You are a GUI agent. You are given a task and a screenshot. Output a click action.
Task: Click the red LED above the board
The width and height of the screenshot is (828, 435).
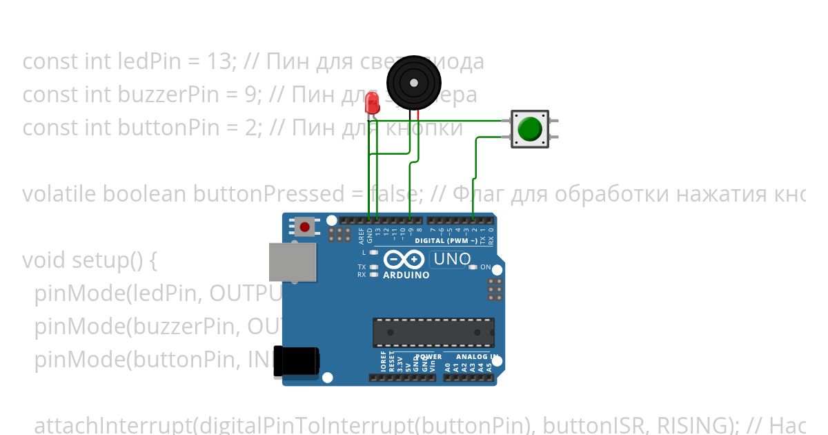[373, 104]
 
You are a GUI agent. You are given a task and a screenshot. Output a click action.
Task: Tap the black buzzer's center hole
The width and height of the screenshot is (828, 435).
[413, 84]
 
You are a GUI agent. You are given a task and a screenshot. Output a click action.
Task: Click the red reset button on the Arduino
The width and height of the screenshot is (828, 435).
[305, 226]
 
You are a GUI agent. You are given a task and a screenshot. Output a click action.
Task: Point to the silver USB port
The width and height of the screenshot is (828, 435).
[293, 262]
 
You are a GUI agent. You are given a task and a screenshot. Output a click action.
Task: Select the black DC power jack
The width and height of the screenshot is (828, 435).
[296, 361]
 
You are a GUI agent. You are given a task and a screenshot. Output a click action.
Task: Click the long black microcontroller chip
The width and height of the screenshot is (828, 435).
[433, 333]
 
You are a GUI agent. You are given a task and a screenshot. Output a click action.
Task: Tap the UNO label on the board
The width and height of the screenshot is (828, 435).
[452, 260]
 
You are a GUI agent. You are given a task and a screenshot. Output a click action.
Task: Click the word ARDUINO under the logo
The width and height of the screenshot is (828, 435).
[406, 275]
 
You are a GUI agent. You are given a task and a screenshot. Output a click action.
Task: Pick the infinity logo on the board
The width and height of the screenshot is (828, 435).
[404, 260]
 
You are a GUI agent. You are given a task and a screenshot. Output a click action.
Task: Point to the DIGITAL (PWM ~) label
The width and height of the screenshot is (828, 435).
[446, 241]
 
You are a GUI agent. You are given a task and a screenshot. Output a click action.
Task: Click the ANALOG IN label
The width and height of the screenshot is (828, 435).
[476, 357]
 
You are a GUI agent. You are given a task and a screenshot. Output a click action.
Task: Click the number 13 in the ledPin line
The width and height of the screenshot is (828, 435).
[221, 61]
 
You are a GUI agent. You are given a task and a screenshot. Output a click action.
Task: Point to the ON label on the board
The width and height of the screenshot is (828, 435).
[485, 267]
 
